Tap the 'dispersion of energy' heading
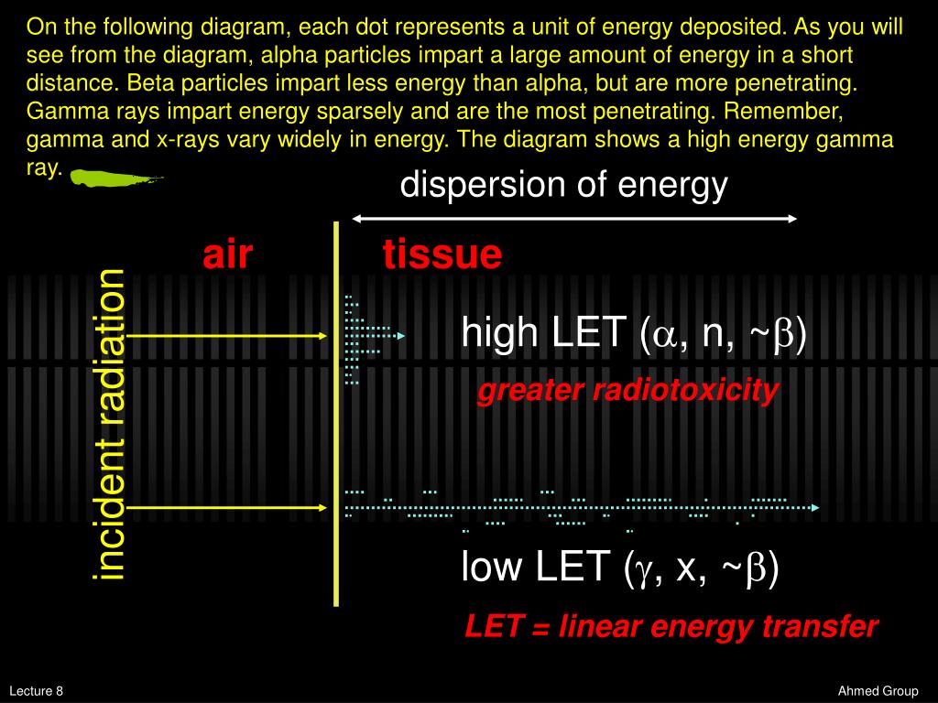[563, 186]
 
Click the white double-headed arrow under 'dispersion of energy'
[574, 218]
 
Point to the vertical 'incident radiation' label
[111, 425]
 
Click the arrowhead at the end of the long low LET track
[814, 506]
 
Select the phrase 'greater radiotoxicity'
[627, 391]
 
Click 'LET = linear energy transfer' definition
[671, 627]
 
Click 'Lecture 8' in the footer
[37, 691]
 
